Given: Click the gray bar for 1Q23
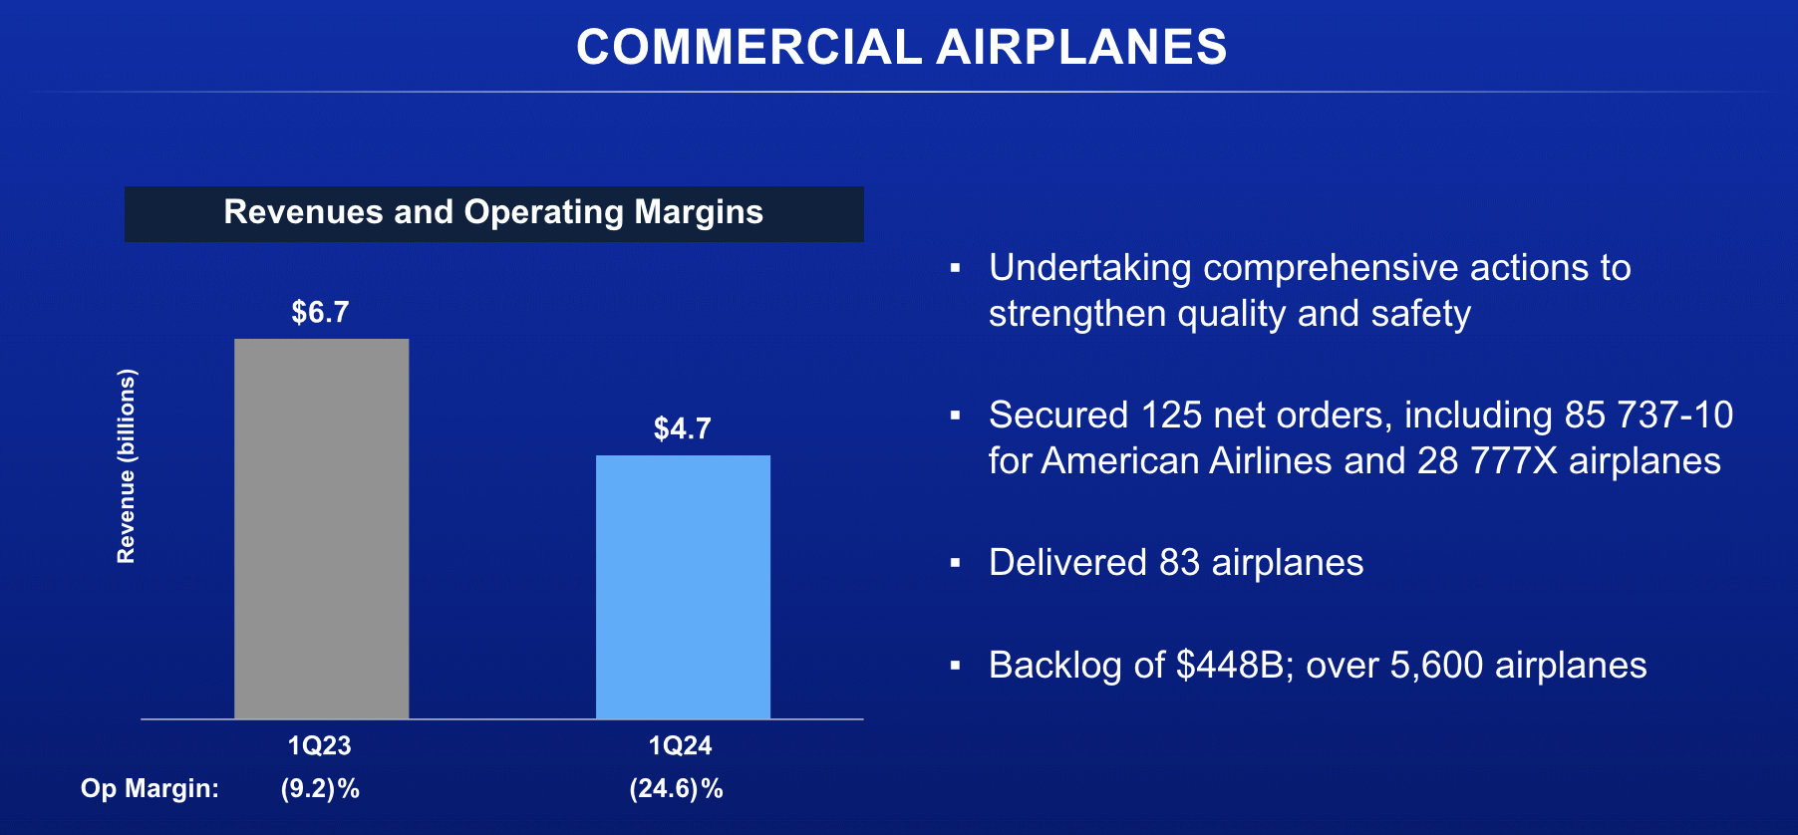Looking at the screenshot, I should pos(321,528).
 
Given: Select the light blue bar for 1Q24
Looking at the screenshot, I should pos(683,587).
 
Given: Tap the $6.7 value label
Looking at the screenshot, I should pos(320,313).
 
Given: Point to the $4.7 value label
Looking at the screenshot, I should pos(682,429).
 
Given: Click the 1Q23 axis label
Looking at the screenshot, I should pos(319,745).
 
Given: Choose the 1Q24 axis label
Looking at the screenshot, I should pos(680,745).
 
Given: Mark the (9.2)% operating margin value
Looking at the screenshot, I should pos(320,789).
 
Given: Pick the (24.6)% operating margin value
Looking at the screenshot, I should pos(676,789).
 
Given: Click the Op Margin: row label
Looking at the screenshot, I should pos(150,789).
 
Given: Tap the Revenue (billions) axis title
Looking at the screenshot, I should pos(126,466).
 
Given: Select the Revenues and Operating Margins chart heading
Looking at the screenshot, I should pos(493,213).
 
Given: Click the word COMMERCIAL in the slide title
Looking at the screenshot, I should pos(749,47).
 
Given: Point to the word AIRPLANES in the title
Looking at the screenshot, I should pos(1081,47).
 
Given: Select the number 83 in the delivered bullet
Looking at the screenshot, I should pos(1179,563).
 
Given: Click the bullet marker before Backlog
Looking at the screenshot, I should pos(955,666).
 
